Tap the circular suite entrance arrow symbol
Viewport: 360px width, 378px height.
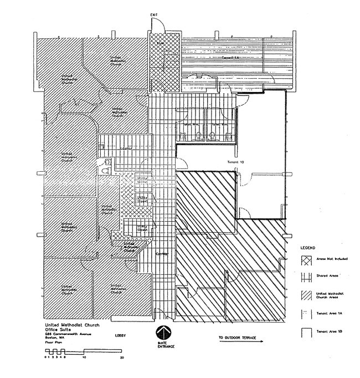tap(161, 333)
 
